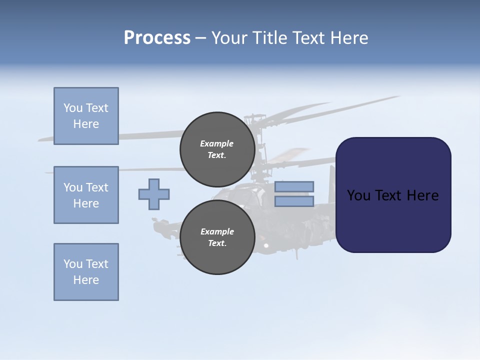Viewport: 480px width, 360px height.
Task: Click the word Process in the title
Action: pos(157,38)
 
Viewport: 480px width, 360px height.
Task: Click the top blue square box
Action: pos(86,116)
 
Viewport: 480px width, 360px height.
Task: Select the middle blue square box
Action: pos(86,195)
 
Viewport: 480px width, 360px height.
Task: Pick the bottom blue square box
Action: pos(86,272)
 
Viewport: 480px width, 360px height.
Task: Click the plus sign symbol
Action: pos(154,194)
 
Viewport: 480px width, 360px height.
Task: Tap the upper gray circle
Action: pos(217,149)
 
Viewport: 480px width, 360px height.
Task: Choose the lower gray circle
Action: pos(217,237)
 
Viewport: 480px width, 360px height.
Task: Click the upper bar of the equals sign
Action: pos(294,186)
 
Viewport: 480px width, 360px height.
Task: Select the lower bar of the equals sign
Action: pos(294,201)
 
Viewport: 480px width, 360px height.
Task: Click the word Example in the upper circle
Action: pos(217,143)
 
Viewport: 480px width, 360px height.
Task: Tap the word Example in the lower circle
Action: pos(217,231)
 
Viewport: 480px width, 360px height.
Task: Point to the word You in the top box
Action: pos(72,108)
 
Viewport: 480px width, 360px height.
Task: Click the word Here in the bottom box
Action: pos(86,280)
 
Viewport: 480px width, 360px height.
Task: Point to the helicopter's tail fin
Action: pos(331,185)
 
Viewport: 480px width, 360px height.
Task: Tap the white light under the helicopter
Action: pos(266,245)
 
